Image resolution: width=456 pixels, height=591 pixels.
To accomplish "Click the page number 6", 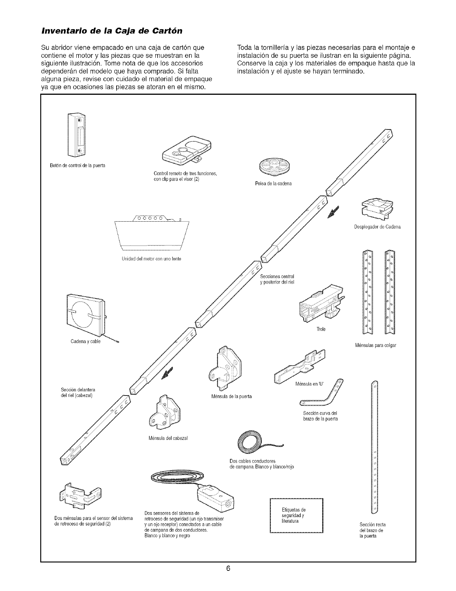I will pos(228,569).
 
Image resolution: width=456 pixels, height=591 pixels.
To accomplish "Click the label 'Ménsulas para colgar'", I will pos(376,345).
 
